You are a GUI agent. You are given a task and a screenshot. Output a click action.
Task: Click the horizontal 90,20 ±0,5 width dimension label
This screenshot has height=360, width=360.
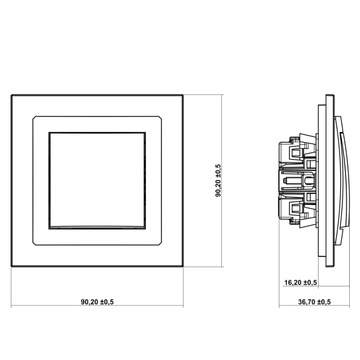(97, 301)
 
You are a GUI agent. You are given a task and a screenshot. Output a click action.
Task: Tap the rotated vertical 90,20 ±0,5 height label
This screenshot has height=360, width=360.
(218, 180)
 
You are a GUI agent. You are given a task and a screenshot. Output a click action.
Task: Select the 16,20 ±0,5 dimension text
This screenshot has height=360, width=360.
(301, 283)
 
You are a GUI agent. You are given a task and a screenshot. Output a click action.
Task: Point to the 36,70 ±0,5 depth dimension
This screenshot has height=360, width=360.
(314, 301)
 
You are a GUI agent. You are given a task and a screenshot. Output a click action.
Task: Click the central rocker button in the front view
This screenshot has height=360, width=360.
(97, 181)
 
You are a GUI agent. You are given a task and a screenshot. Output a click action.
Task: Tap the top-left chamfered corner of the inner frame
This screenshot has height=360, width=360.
(34, 117)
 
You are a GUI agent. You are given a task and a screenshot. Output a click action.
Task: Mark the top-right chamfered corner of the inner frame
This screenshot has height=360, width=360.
(160, 117)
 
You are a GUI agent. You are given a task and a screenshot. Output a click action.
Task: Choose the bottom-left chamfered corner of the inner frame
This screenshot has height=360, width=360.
(34, 243)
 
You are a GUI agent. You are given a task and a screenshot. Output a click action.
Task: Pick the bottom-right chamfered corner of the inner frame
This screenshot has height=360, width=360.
(160, 243)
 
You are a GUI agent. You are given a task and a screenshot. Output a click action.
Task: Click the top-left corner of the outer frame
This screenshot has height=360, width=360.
(12, 95)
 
